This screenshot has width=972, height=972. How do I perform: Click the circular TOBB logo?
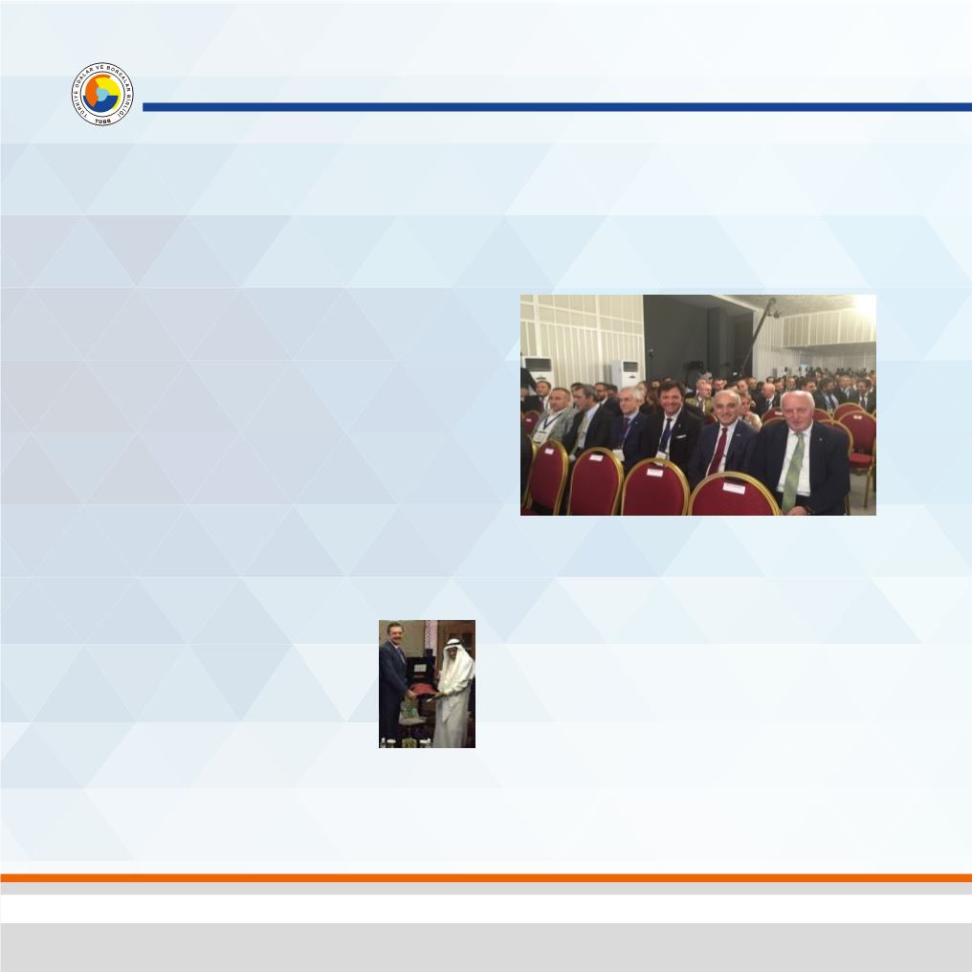coord(102,96)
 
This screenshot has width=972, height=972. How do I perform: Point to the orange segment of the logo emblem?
coord(95,93)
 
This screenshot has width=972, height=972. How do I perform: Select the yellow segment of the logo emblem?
coord(111,93)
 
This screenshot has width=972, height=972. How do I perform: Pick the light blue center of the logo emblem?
coord(102,95)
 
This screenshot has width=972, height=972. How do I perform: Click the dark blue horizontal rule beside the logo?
coord(555,107)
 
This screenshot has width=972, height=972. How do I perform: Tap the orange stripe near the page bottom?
coord(486,876)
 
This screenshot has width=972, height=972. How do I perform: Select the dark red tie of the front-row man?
coord(718,452)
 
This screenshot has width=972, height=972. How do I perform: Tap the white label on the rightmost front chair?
coord(734,486)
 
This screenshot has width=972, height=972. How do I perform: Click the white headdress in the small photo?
coord(453,648)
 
